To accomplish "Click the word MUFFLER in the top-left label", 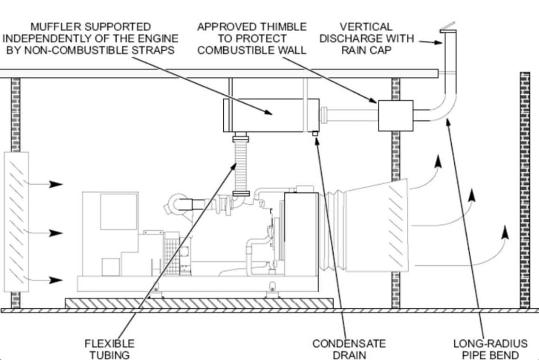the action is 56,27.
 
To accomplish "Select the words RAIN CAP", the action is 366,50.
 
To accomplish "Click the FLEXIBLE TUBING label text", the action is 110,349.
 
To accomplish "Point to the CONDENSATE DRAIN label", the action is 349,349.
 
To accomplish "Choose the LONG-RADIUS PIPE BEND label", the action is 490,349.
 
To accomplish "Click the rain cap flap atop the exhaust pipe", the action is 448,27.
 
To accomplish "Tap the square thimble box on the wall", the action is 396,116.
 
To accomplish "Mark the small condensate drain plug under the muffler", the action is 315,134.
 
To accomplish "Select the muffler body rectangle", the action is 271,116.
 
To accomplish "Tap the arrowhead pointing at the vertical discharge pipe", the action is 437,43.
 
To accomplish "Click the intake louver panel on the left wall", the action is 16,222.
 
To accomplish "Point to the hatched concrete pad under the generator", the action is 199,303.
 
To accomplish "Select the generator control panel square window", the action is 119,212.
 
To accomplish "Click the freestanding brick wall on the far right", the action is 525,190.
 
